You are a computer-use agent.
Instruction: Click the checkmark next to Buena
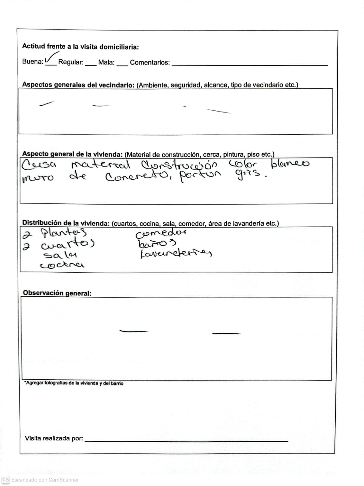tap(51, 58)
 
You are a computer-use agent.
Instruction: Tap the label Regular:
tap(71, 62)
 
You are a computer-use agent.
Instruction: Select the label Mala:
tap(106, 63)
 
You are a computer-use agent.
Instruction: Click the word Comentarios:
tap(150, 63)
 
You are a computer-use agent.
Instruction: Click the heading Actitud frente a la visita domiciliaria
tap(80, 47)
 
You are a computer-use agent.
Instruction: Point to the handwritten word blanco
tap(289, 164)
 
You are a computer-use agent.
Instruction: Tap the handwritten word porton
tap(199, 176)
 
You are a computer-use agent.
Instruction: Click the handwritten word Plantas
tap(64, 233)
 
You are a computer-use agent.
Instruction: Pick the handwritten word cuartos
tap(68, 244)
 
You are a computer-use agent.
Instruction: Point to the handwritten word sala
tap(60, 255)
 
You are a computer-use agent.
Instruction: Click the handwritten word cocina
tap(62, 265)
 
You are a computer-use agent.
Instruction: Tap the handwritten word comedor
tap(161, 233)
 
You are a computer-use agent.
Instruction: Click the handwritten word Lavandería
tap(175, 253)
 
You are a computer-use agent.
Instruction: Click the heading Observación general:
tap(57, 293)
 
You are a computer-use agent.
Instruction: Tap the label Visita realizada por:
tap(54, 438)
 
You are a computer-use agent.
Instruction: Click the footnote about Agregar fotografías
tap(74, 383)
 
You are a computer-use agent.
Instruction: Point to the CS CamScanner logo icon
tap(5, 480)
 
